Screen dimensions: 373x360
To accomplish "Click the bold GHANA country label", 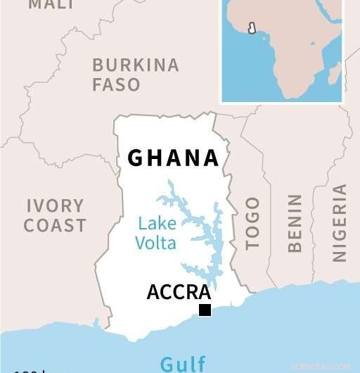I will point(173,158).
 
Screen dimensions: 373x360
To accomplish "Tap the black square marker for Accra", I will point(205,310).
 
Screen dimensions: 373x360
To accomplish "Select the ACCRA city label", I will point(179,291).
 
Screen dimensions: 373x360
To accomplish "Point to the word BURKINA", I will point(136,65).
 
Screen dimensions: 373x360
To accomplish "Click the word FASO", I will point(116,84).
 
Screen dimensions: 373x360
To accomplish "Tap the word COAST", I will point(55,226).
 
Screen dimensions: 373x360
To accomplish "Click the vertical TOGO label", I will point(252,223).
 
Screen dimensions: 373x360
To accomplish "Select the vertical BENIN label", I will point(295,223).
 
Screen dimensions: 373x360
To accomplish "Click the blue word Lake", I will point(157,225).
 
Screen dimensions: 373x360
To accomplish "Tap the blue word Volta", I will point(157,244).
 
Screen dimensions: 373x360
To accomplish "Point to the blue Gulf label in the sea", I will point(183,364).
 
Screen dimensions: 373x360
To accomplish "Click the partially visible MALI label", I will point(51,5).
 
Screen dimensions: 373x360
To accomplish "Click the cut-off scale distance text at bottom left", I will point(28,369).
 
